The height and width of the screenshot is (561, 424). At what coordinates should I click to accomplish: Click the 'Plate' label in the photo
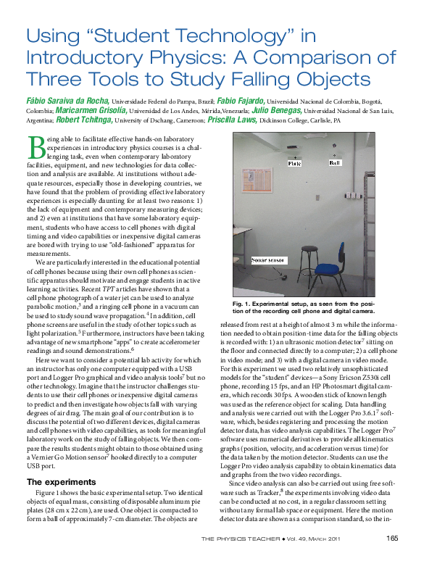coord(294,164)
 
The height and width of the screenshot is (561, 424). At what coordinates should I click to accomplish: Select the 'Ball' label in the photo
coord(333,164)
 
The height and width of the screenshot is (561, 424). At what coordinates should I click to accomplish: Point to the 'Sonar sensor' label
coord(267,258)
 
